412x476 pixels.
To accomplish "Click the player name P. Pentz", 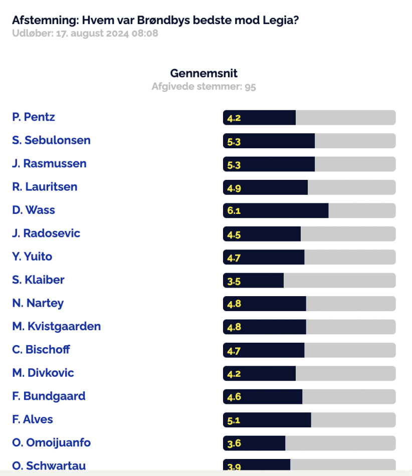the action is pos(34,117).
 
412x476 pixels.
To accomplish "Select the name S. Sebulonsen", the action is pos(51,140).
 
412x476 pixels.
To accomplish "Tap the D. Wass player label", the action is pos(34,210).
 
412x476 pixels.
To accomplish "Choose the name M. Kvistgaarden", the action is pos(57,326).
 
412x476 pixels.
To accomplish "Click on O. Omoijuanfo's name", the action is pos(51,442).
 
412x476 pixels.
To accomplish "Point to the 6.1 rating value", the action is pos(234,210).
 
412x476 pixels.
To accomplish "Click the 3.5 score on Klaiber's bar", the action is pos(234,282).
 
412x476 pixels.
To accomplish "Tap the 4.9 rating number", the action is pos(234,188).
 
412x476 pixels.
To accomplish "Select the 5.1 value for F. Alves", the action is pos(234,421).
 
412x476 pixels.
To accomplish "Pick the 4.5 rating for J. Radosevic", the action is pos(234,235).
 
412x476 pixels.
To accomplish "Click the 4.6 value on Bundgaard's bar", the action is pos(234,397).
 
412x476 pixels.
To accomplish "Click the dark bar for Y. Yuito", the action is pos(264,257).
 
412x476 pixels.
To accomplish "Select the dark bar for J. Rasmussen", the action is pos(269,164).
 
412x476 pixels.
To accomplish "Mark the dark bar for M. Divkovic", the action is pos(259,373).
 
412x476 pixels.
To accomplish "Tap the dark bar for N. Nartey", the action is pos(265,304).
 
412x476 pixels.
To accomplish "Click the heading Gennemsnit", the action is pos(203,73).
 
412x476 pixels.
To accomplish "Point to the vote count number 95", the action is pos(250,87).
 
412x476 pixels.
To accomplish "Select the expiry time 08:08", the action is pos(145,33).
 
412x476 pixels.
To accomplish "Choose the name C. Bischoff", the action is pos(41,349).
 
